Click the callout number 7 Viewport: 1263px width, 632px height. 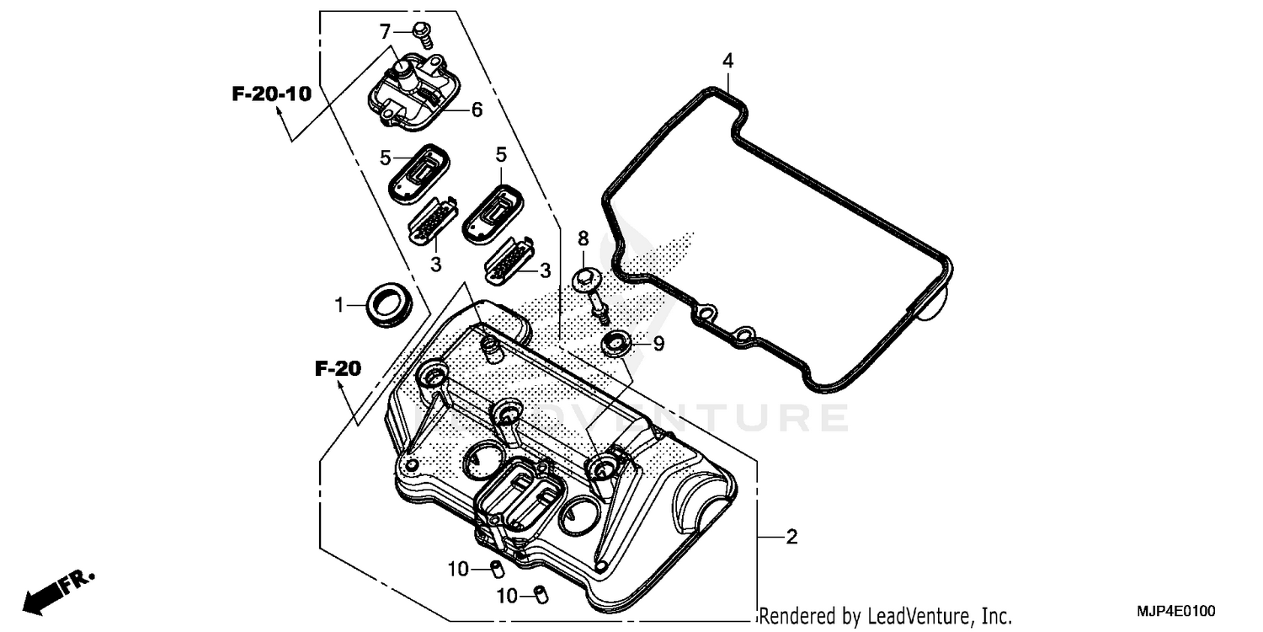click(x=386, y=32)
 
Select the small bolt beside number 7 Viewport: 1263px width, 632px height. click(x=424, y=35)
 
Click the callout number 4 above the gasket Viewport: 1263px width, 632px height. click(x=727, y=61)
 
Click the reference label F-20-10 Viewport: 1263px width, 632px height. click(x=271, y=94)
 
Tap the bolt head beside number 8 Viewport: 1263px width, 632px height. click(x=585, y=279)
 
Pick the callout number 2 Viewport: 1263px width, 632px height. click(x=791, y=537)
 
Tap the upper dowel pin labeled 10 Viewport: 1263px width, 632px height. click(x=498, y=567)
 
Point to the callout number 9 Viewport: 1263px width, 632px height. click(x=658, y=343)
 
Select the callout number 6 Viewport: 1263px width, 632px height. click(x=477, y=110)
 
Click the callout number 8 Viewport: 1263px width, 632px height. click(x=582, y=239)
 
